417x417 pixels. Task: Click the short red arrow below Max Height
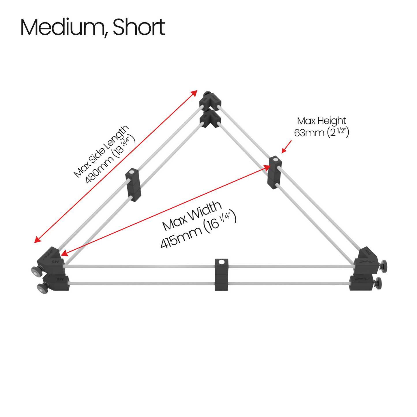click(286, 147)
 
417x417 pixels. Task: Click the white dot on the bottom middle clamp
click(221, 262)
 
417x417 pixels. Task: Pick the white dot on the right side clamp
click(275, 160)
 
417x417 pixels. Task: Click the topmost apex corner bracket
click(210, 101)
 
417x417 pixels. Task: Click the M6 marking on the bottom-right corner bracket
click(368, 253)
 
